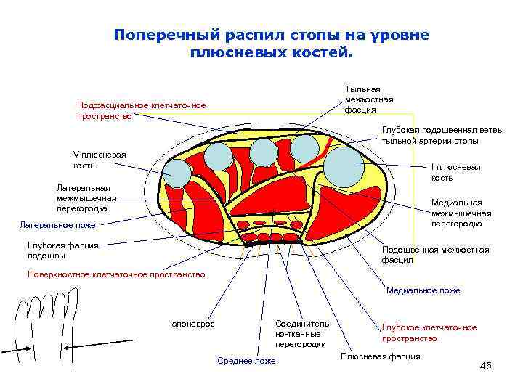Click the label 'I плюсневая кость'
tap(455, 172)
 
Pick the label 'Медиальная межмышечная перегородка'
tap(461, 213)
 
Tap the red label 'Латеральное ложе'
tap(57, 225)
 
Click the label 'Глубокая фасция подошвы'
tap(62, 250)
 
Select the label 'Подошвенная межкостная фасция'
tap(435, 254)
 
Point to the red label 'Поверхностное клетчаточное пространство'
tap(116, 274)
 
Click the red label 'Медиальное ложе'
tap(423, 290)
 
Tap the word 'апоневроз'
tap(193, 324)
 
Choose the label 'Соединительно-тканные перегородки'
tap(301, 333)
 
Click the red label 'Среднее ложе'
tap(246, 361)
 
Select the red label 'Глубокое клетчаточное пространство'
tap(429, 332)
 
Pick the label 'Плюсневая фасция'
tap(380, 356)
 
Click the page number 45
tap(485, 366)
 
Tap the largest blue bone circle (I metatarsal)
tap(341, 167)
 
